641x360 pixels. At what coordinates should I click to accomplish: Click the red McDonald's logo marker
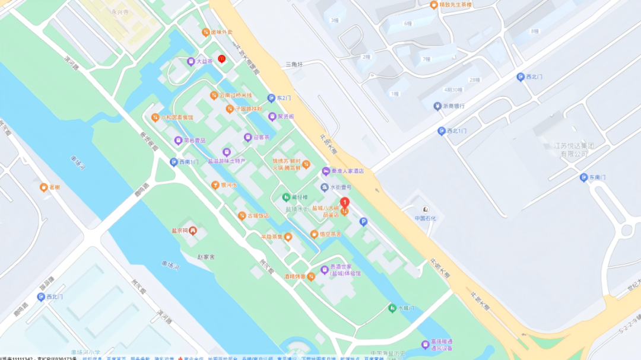(x=221, y=59)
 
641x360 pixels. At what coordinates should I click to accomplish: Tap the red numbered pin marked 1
(x=344, y=202)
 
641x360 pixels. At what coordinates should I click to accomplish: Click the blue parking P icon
(x=363, y=221)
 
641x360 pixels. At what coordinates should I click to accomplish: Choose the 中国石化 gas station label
(x=425, y=218)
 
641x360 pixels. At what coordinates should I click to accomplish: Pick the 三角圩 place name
(x=294, y=64)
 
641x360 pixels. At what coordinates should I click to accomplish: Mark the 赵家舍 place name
(x=206, y=257)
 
